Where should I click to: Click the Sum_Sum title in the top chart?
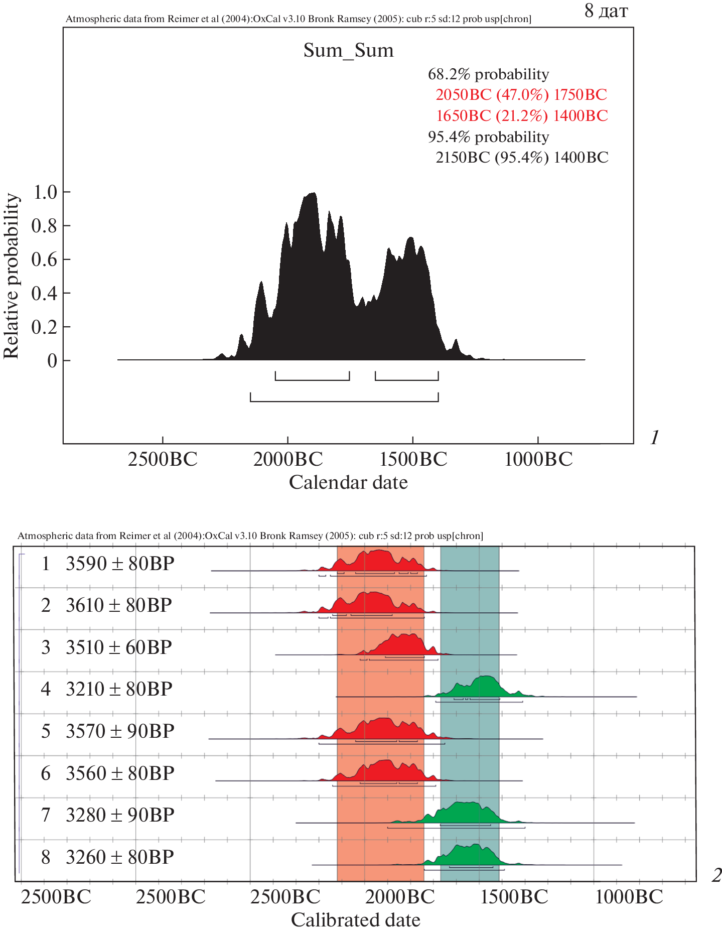tap(348, 50)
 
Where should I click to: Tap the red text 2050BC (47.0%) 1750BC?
tap(521, 94)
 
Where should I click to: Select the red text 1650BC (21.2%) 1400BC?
tap(521, 115)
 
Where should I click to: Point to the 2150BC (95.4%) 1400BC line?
tap(521, 157)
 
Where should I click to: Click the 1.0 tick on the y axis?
tap(45, 192)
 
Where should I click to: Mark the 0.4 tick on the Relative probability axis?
tap(45, 293)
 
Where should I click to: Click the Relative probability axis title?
tap(11, 276)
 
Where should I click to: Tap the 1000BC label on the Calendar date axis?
tap(538, 459)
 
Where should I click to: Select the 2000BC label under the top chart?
tap(287, 459)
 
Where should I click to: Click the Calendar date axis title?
tap(348, 482)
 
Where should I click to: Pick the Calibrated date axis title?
tap(355, 920)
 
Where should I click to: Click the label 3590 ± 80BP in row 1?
tap(120, 564)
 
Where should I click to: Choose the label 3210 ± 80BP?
tap(119, 689)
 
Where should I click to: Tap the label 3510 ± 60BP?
tap(119, 647)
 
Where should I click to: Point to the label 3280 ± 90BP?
tap(120, 815)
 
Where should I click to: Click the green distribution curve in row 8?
tap(467, 855)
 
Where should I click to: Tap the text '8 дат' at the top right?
tap(606, 11)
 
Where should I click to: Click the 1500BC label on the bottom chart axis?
tap(514, 897)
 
